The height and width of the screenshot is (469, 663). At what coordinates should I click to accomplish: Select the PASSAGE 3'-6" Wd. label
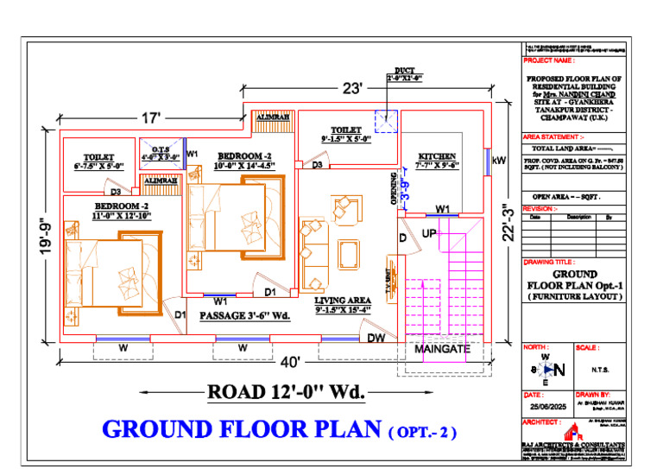coord(244,316)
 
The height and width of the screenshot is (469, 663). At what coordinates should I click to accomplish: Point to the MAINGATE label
coord(442,350)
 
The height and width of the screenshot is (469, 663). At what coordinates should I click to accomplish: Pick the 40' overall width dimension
coord(289,361)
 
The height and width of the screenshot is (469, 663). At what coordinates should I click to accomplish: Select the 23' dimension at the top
coord(351,88)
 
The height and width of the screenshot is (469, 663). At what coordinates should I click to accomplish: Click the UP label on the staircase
coord(429,234)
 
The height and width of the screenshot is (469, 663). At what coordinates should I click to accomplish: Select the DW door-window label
coord(376,338)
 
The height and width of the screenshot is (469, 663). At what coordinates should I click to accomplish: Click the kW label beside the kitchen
coord(498,161)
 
